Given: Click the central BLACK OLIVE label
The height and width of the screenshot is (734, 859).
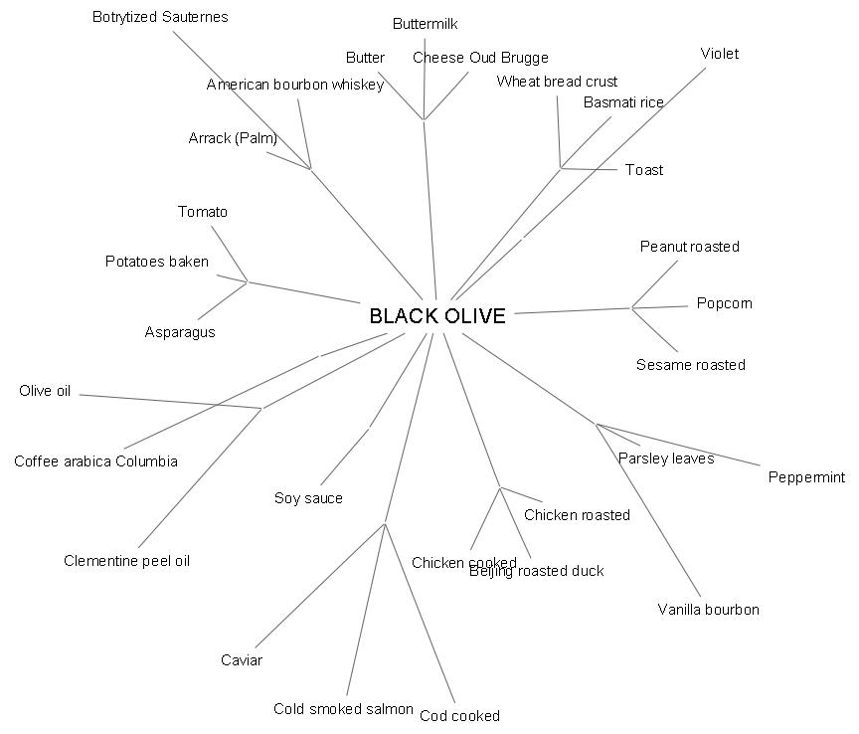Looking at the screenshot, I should pos(437,316).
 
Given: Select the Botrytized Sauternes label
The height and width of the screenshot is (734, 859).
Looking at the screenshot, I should pos(160,17).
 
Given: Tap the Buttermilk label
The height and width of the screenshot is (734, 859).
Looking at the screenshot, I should pos(426,24).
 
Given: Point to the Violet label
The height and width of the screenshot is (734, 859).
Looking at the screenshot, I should pos(719,54).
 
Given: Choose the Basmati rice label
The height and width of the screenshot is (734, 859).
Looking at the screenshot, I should pos(623,102).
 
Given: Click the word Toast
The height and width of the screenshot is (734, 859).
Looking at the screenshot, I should pos(644,170).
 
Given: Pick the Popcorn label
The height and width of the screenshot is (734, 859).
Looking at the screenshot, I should pos(724,303).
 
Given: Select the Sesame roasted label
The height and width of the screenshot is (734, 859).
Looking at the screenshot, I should pos(690,365).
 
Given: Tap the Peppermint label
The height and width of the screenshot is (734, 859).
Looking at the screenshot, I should pos(806,477).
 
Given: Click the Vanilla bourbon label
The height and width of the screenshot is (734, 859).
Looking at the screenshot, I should pos(708,610).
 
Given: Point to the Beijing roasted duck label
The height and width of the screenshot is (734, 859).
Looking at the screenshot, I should pos(537,571).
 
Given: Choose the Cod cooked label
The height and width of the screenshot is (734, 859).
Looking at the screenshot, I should pos(459,716).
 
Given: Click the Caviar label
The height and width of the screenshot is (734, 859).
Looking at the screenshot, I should pos(242,660).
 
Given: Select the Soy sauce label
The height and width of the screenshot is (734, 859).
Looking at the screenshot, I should pos(308,498).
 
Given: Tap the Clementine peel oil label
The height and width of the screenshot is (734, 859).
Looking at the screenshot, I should pos(126,561).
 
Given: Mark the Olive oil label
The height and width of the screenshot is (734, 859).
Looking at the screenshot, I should pos(45,391).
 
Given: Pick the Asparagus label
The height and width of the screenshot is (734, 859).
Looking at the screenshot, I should pos(179,332).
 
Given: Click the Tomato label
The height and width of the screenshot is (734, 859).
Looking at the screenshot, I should pos(203,212).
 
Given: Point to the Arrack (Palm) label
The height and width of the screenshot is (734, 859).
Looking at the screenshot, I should pos(233,138).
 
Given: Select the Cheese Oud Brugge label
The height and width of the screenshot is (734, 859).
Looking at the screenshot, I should pos(480,58).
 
